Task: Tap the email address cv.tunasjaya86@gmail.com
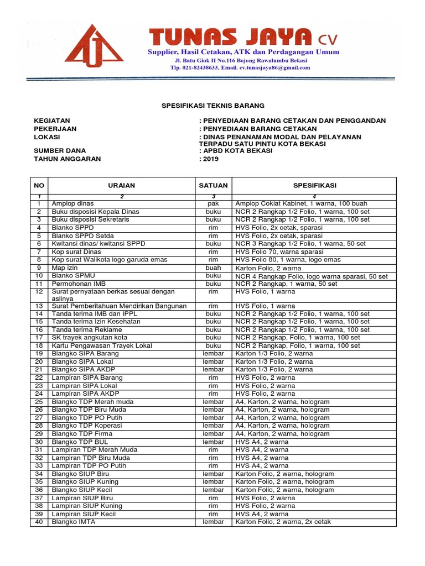274,67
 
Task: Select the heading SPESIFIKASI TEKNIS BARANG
212,105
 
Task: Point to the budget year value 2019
211,159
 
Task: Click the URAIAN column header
121,186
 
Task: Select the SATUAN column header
213,186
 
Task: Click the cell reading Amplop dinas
73,203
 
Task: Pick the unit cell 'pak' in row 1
213,203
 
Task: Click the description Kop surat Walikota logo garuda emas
106,259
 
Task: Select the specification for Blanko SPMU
312,276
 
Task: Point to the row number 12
39,291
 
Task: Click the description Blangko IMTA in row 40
73,522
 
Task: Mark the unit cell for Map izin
213,268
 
